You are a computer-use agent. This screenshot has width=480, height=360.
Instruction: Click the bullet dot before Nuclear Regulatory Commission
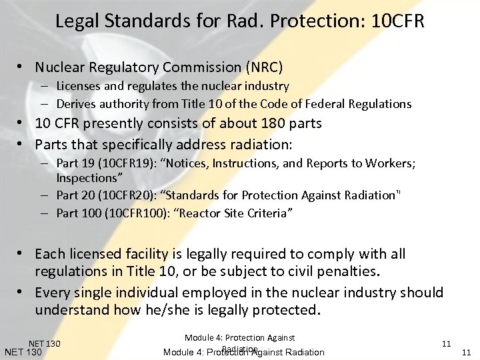[22, 67]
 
